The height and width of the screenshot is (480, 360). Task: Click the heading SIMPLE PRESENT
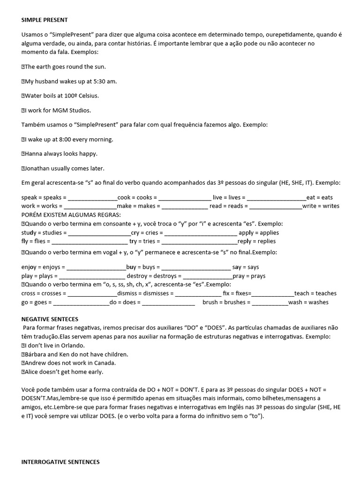(x=45, y=20)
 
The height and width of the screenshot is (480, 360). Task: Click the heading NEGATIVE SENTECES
(x=50, y=319)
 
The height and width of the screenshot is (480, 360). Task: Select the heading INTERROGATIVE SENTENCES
(x=60, y=462)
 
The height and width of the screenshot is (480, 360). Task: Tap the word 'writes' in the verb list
(x=331, y=206)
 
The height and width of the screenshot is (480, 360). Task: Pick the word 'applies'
(x=269, y=232)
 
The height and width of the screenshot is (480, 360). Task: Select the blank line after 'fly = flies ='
(x=89, y=241)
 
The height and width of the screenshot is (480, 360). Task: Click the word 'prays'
(x=258, y=276)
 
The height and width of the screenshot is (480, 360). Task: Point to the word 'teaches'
(x=325, y=293)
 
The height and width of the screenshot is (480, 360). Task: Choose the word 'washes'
(x=318, y=302)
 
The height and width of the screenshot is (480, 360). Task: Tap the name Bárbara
(x=35, y=354)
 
